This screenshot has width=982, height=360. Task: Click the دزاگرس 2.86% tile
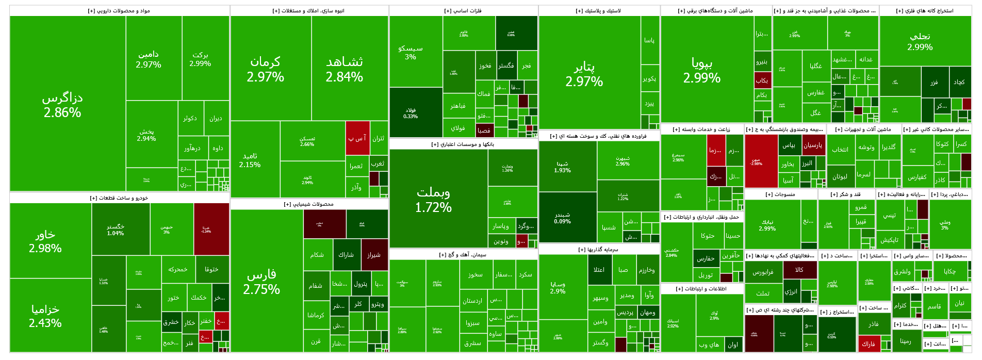tap(62, 105)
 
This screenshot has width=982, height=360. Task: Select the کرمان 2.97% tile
tap(265, 69)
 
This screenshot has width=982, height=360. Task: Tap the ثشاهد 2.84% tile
tap(345, 69)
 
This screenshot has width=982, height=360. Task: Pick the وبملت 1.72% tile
tap(434, 200)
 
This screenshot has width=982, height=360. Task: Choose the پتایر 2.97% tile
tap(584, 74)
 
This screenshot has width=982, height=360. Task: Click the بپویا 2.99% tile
tap(702, 71)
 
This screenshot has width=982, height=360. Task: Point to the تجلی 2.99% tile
tap(920, 41)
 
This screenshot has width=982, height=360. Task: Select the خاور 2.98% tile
tap(45, 241)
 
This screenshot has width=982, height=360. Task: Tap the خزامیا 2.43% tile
tap(45, 316)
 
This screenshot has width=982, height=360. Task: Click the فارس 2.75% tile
tap(261, 282)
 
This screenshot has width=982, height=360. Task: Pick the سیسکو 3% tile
tap(411, 52)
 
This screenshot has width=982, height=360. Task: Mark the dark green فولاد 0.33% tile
tap(411, 113)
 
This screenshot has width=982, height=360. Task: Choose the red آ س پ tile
tap(357, 138)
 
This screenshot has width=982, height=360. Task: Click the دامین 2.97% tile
tap(149, 59)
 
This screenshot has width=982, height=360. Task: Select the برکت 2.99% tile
tap(200, 59)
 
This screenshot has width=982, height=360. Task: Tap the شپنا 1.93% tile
tap(563, 167)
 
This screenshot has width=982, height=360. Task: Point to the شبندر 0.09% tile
tap(563, 218)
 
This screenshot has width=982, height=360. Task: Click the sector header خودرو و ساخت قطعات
tap(119, 198)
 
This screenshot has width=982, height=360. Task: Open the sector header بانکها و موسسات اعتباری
tap(463, 144)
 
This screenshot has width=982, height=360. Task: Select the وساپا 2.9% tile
tap(558, 288)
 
